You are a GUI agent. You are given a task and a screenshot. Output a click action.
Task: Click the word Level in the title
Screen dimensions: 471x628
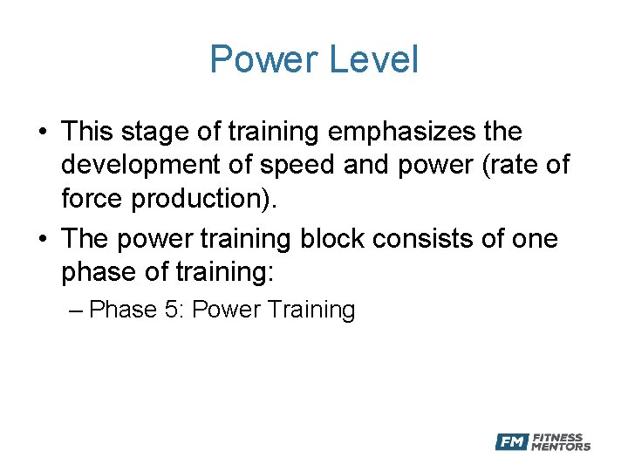(372, 59)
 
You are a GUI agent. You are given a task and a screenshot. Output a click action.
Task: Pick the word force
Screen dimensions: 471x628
(92, 198)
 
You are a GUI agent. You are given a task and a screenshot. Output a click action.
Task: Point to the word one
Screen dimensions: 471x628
(532, 239)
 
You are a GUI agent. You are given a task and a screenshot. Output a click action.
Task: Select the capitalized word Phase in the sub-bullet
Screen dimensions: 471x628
(122, 310)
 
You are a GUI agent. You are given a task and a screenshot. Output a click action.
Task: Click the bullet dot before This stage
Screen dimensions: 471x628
(42, 133)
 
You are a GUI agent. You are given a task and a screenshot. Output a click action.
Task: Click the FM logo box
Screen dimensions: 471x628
(511, 442)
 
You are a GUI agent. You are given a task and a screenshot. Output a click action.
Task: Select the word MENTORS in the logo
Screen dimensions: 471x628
(561, 447)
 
